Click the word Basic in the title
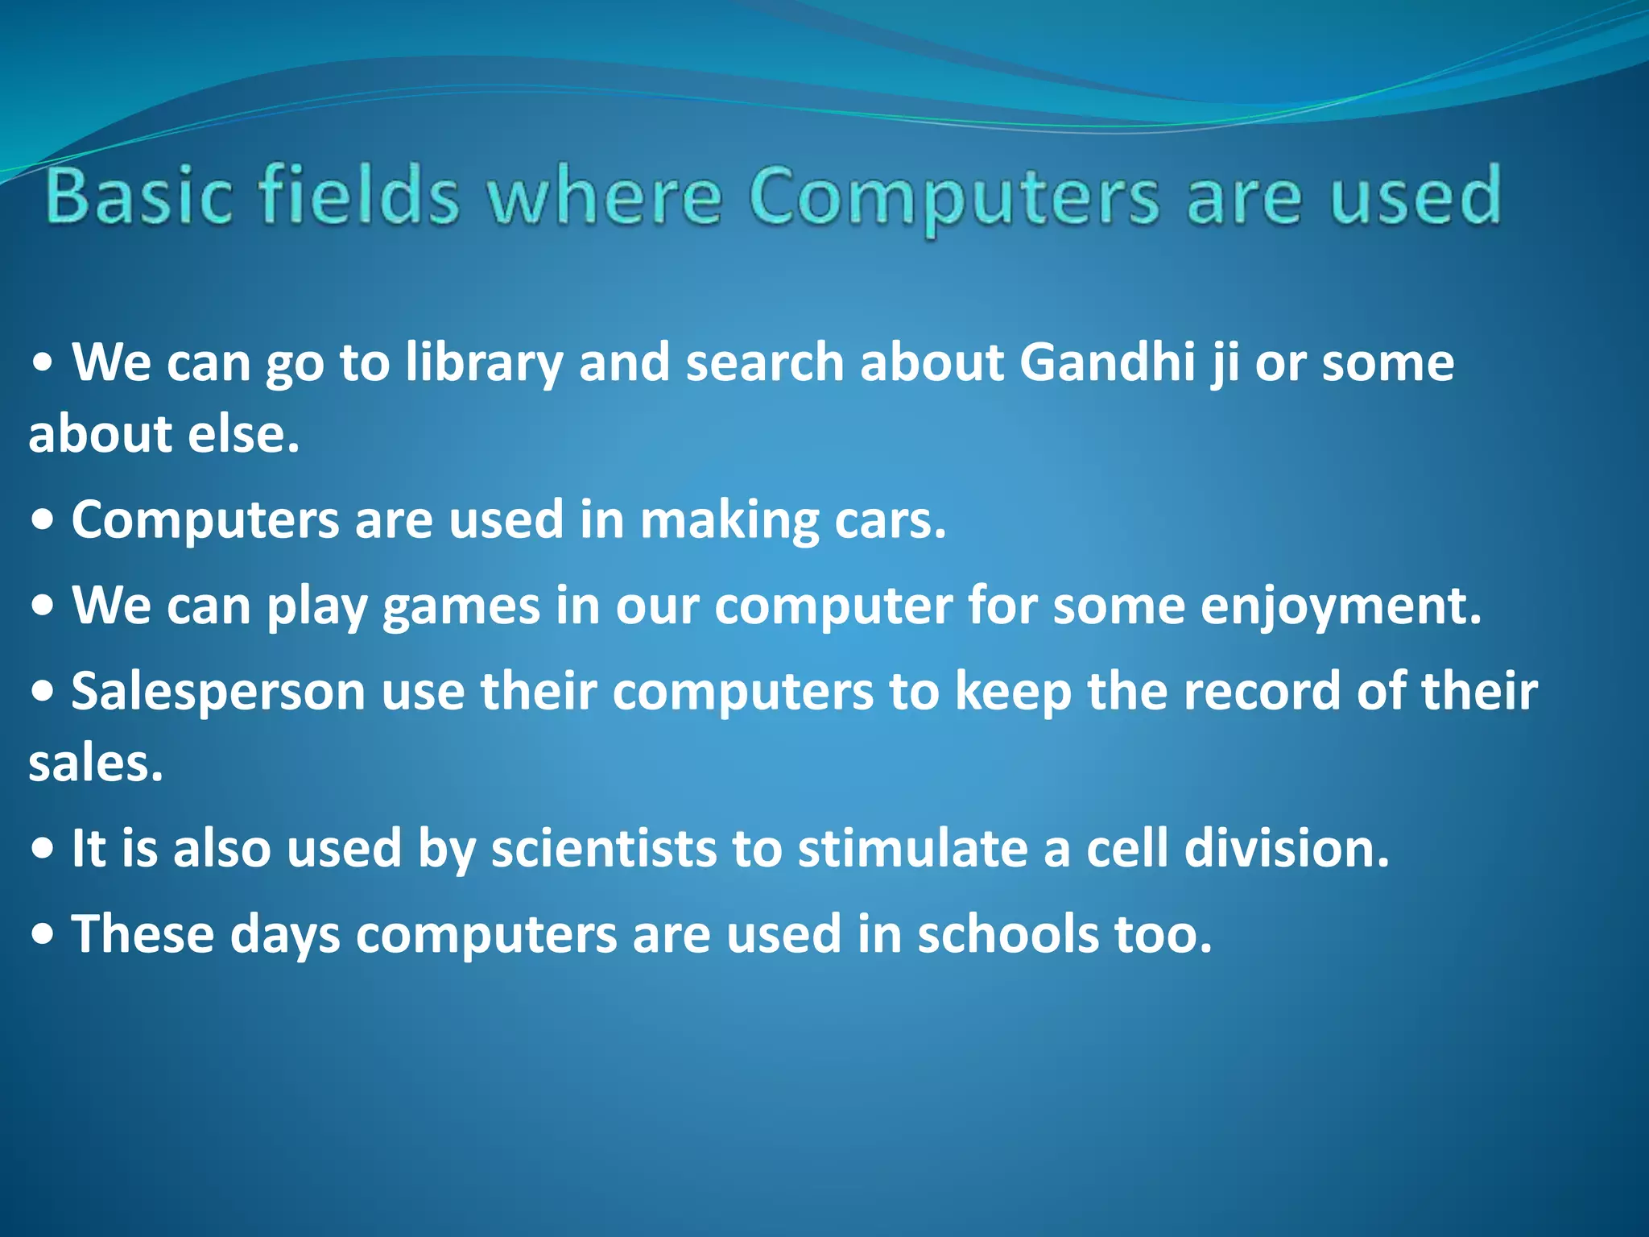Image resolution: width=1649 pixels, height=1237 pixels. pos(138,195)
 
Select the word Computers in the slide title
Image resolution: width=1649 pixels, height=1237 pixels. pos(954,198)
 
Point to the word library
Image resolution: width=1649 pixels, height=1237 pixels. pos(483,363)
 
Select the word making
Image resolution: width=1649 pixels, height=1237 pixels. pos(729,521)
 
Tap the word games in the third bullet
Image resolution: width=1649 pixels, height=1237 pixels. pos(461,606)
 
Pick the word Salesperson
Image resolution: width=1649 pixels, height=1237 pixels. pos(218,692)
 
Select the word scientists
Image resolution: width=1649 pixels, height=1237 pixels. pos(603,848)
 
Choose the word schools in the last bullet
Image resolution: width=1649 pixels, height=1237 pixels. pos(1008,934)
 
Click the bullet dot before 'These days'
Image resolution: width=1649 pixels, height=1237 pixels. pos(43,935)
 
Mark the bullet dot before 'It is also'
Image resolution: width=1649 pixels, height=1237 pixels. pos(43,849)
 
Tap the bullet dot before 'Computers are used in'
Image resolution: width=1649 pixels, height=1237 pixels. pos(43,521)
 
